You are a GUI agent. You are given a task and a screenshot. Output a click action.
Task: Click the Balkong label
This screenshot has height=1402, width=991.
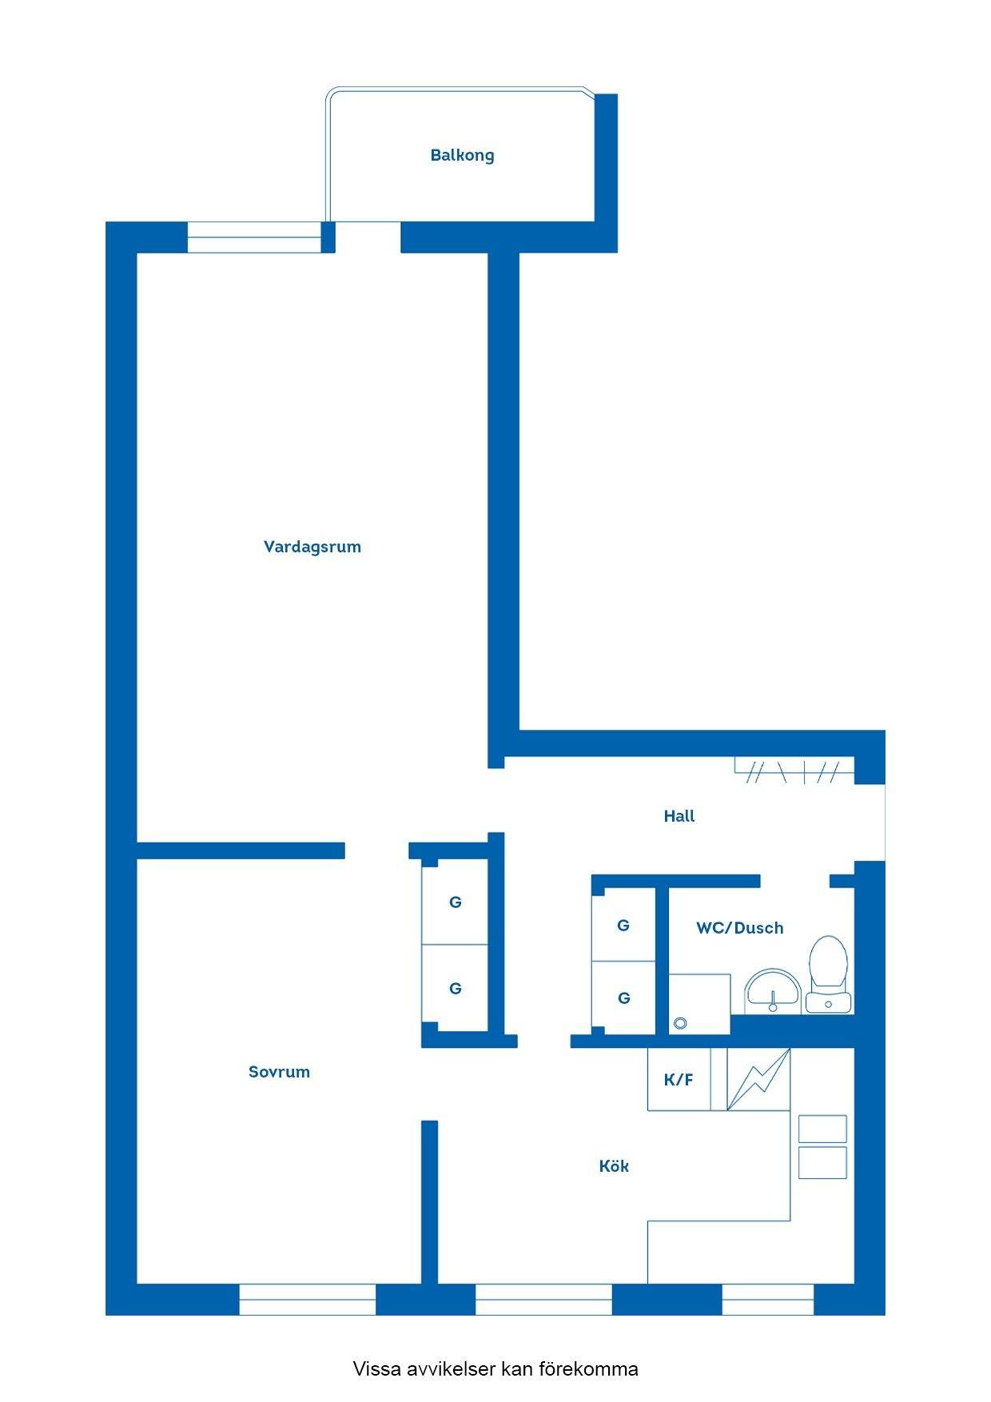462,155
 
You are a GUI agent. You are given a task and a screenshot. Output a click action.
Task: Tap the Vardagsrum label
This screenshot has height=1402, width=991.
312,547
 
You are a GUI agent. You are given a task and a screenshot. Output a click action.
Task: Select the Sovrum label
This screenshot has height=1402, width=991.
279,1072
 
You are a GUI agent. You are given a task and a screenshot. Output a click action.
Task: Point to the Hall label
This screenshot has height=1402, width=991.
679,816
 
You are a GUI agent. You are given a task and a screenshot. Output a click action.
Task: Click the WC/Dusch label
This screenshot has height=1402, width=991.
740,928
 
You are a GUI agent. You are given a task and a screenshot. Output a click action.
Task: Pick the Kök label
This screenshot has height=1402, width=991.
614,1166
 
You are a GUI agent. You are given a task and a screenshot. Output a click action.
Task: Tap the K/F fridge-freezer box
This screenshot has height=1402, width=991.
679,1079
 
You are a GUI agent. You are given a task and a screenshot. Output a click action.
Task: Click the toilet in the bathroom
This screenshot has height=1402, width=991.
828,974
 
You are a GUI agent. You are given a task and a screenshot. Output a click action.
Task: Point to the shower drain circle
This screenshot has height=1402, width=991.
681,1022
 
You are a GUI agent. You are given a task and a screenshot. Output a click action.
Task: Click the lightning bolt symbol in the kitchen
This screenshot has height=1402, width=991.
758,1079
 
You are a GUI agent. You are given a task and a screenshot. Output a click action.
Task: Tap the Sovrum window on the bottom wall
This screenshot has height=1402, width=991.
308,1299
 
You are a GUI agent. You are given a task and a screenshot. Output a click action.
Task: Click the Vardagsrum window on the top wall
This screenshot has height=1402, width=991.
254,237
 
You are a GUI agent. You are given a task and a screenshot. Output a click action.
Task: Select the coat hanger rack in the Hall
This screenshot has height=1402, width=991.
794,770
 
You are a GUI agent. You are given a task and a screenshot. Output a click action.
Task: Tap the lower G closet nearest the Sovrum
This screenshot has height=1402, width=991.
455,988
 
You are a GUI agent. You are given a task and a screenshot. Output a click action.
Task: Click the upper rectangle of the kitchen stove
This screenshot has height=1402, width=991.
822,1129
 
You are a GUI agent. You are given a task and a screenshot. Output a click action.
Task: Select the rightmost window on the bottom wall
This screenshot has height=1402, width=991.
768,1299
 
